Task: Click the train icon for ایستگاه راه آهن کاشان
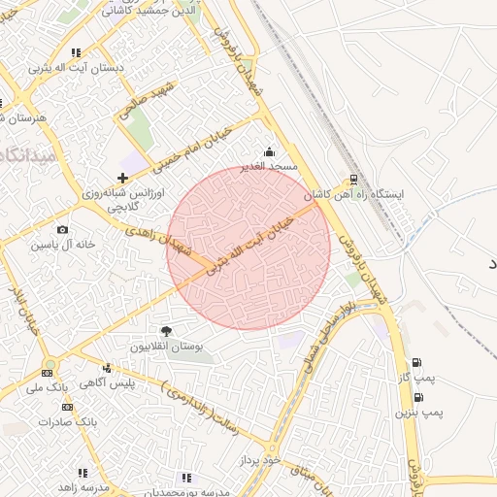tap(353, 179)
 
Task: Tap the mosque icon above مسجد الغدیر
tap(269, 152)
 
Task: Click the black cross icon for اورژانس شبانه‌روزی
tap(121, 178)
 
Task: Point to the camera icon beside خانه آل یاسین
tap(63, 230)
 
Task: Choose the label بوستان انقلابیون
tap(166, 347)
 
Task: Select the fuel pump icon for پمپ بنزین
tap(418, 397)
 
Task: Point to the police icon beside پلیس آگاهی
tap(107, 368)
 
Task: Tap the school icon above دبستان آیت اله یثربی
tap(76, 52)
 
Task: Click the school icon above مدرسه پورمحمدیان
tap(187, 478)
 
